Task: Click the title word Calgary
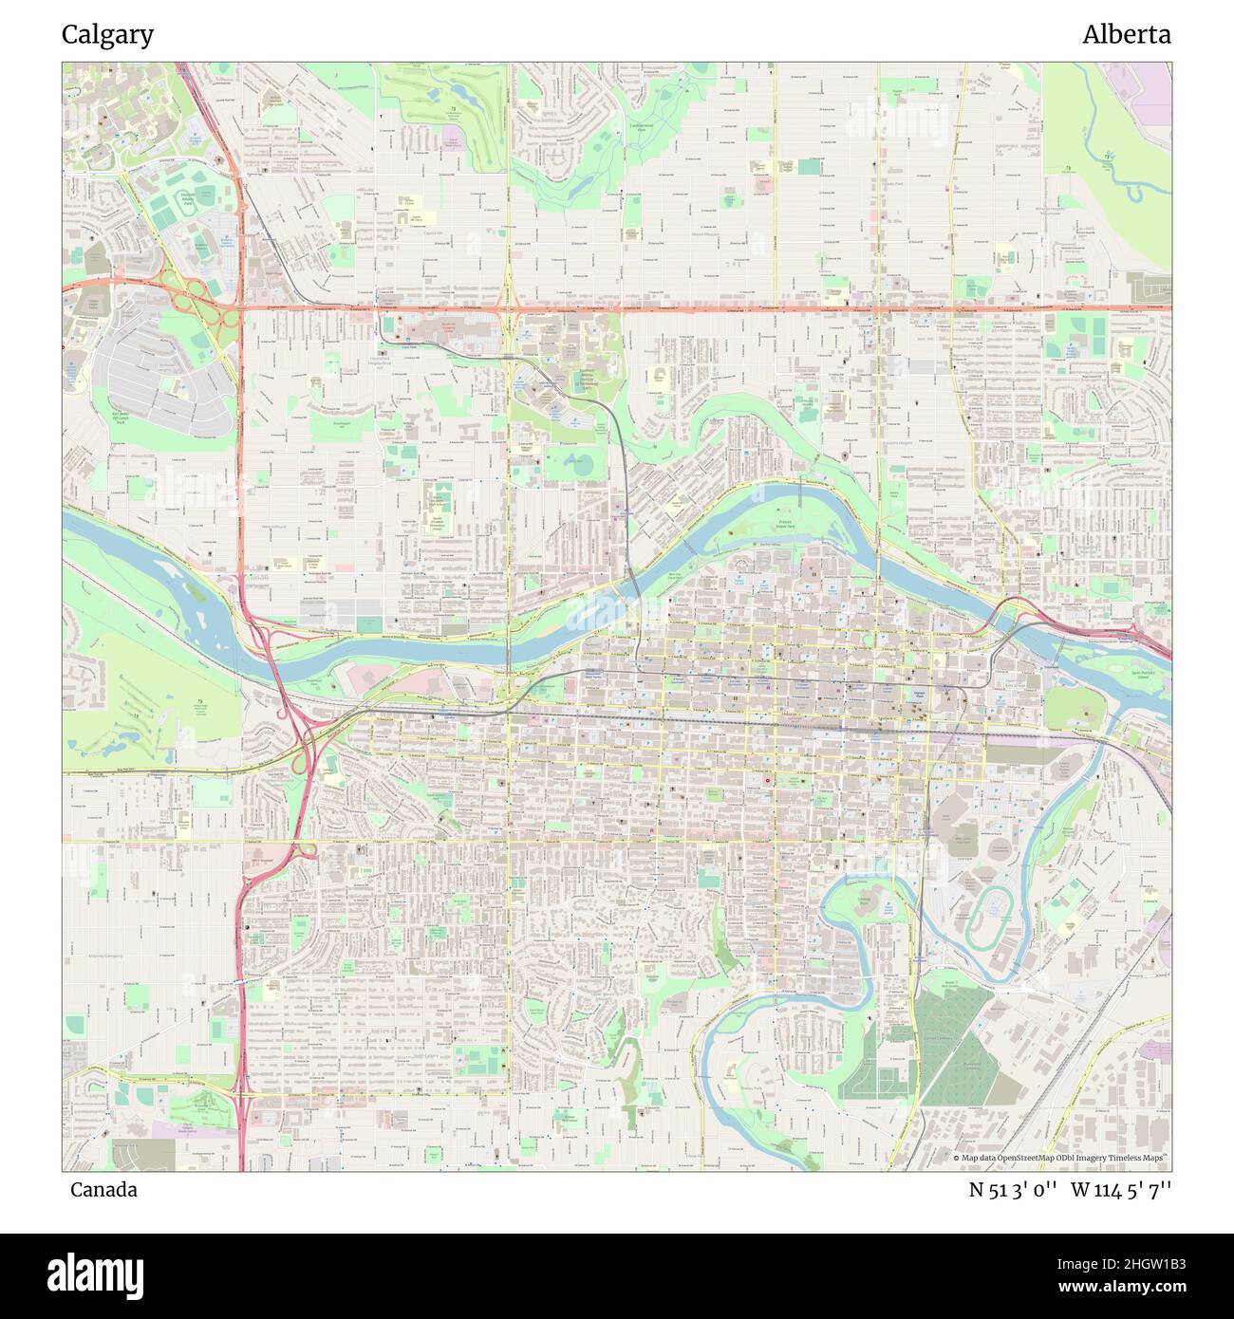(107, 35)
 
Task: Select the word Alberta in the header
(1126, 35)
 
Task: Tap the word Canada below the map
(103, 1189)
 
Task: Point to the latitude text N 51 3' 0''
(1012, 1190)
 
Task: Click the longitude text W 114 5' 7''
(1121, 1190)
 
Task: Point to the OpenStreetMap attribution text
(1058, 1159)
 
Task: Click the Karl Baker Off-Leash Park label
(121, 418)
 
